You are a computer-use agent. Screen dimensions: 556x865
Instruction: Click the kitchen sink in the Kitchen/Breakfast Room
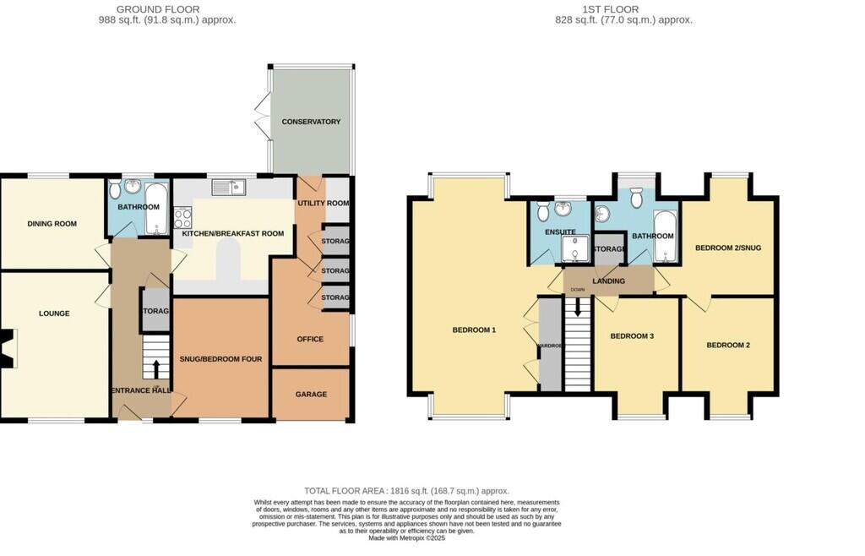228,187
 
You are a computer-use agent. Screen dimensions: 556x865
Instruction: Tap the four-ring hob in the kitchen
182,218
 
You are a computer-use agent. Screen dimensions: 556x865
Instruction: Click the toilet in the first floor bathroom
638,196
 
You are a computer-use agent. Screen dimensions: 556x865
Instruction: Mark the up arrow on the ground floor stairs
156,368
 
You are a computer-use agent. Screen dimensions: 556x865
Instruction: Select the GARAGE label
311,395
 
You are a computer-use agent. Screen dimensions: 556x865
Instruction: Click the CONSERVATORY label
311,122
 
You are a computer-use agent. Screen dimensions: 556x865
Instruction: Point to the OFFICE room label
310,339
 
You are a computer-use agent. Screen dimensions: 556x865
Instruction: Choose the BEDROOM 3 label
632,336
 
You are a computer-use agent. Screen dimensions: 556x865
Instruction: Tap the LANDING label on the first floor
608,281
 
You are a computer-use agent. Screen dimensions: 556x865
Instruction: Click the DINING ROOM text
52,224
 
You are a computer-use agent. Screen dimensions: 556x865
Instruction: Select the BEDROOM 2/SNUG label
727,248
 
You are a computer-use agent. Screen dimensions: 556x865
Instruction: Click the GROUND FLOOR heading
166,9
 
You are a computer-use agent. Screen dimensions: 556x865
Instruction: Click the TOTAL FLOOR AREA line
406,491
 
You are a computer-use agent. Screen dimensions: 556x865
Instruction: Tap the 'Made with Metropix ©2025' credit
406,537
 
